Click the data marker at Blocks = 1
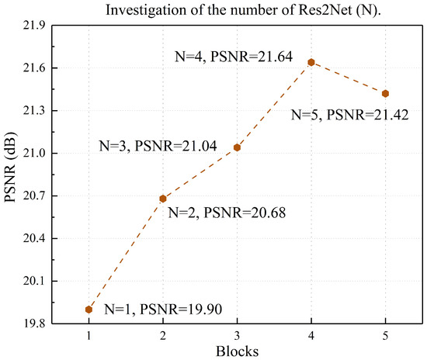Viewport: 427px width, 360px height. click(x=89, y=310)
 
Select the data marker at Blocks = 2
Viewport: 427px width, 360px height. click(x=163, y=199)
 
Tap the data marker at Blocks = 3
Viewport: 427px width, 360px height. click(x=237, y=147)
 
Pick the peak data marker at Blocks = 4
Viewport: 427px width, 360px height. click(x=311, y=62)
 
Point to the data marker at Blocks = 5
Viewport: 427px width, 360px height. click(x=385, y=94)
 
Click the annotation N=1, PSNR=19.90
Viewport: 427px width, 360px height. click(x=163, y=310)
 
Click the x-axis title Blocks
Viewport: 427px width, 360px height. click(x=237, y=351)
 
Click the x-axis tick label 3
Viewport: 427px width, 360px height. click(x=237, y=335)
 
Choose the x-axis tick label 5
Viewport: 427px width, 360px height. click(x=385, y=335)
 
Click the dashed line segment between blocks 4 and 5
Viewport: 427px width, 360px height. click(x=348, y=78)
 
